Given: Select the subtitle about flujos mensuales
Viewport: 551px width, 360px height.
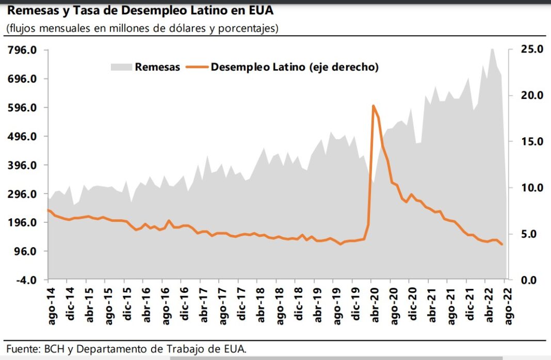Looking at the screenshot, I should (142, 28).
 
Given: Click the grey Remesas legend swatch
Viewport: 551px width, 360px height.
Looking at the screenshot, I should (121, 67).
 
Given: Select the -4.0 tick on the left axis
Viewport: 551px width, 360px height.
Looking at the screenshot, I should (24, 280).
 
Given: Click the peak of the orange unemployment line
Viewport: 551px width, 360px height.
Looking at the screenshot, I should (373, 106).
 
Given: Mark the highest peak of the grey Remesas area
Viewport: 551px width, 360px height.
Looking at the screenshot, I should (492, 49).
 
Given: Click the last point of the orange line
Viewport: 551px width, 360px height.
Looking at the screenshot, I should (502, 244).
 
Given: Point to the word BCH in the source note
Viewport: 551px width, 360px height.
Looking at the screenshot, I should (51, 349).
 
